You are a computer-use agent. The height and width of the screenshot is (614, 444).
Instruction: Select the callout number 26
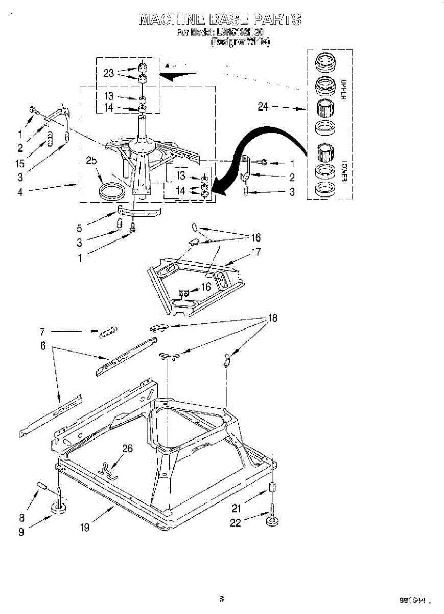coord(127,449)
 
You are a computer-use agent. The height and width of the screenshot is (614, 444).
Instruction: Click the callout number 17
coord(255,252)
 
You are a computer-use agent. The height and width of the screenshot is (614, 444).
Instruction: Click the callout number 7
coord(43,331)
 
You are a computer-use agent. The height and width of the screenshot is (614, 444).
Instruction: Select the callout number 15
coord(20,164)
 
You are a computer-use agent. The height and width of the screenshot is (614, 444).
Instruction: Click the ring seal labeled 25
coord(111,191)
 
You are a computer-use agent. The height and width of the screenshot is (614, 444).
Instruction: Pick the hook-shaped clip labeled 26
coord(106,470)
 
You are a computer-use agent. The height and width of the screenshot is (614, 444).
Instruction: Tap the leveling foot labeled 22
coord(271,522)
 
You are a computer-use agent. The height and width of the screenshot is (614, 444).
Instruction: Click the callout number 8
coord(21,517)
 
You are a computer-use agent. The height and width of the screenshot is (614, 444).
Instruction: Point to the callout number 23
coord(108,73)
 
